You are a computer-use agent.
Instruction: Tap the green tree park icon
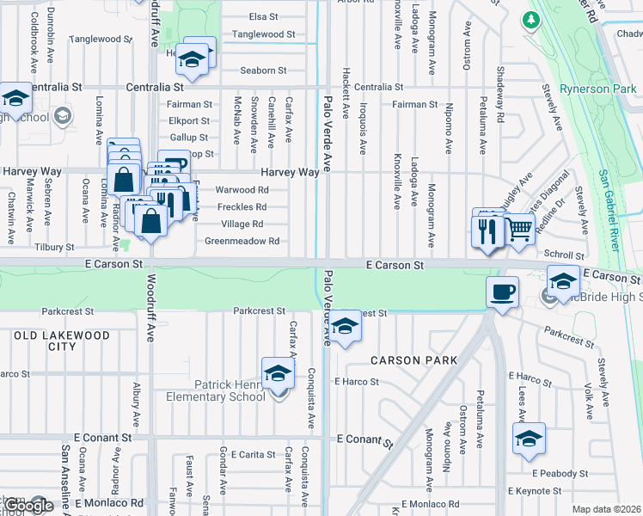coord(531,18)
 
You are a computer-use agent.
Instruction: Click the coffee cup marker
coord(503,292)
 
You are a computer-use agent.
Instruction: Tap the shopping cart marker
coord(518,229)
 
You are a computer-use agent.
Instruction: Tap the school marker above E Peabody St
coord(529,438)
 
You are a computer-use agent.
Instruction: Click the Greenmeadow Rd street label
coord(242,242)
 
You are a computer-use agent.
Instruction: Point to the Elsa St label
coord(263,16)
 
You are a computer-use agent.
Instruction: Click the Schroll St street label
coord(564,255)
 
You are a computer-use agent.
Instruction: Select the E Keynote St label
coord(534,490)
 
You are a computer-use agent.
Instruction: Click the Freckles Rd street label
coord(242,207)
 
